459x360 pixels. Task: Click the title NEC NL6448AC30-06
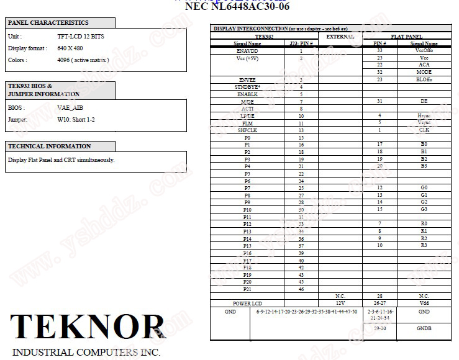(237, 7)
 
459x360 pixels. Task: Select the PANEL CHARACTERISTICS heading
(48, 23)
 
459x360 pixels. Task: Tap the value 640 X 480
(70, 48)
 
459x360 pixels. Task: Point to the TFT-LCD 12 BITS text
(81, 37)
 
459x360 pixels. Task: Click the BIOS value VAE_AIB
(70, 107)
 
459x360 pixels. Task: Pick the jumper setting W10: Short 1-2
(76, 119)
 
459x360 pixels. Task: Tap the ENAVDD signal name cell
(247, 51)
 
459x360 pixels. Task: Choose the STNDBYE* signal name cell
(247, 87)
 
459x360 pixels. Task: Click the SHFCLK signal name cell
(247, 130)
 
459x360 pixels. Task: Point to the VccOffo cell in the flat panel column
(424, 51)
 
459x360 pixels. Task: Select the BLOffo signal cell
(424, 79)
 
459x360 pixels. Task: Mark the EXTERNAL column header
(340, 37)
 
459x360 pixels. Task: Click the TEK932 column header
(264, 37)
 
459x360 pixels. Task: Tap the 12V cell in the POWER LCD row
(340, 303)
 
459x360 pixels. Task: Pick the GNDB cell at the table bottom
(424, 328)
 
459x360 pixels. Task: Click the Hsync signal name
(424, 115)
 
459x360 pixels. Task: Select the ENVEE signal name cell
(247, 79)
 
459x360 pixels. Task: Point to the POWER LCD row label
(247, 303)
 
